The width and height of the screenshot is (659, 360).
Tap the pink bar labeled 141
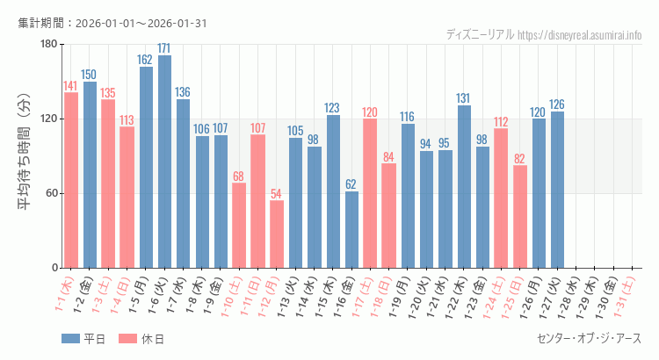pyautogui.click(x=71, y=180)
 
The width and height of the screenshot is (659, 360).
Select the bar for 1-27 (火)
pyautogui.click(x=557, y=190)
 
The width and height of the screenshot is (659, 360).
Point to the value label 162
pyautogui.click(x=146, y=60)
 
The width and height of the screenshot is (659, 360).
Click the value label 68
pyautogui.click(x=239, y=176)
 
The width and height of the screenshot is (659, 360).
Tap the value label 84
pyautogui.click(x=388, y=157)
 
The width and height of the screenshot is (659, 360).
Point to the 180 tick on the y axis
pyautogui.click(x=47, y=45)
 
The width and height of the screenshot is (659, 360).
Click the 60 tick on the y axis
pyautogui.click(x=50, y=193)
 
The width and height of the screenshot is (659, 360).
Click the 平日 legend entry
pyautogui.click(x=83, y=339)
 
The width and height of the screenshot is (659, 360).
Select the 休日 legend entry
pyautogui.click(x=140, y=339)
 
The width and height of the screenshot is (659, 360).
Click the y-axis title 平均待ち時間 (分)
pyautogui.click(x=24, y=156)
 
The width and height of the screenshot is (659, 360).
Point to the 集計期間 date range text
pyautogui.click(x=112, y=23)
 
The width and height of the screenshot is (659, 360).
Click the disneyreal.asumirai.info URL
pyautogui.click(x=580, y=34)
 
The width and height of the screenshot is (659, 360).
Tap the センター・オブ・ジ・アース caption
pyautogui.click(x=589, y=339)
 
